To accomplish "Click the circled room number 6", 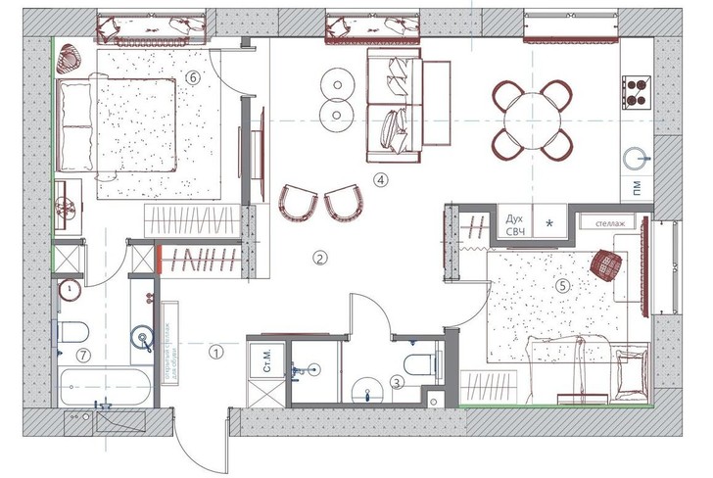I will click(193, 77).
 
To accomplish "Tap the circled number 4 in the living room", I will click(380, 179).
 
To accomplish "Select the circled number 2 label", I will click(318, 259).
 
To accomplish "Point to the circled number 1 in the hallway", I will click(217, 348).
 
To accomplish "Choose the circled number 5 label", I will click(562, 287).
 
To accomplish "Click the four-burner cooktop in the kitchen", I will click(637, 90).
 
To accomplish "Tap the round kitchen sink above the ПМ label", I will click(642, 157).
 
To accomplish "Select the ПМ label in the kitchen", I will click(640, 191).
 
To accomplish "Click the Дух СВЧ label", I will click(515, 224).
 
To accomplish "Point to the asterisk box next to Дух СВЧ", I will click(550, 224).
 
